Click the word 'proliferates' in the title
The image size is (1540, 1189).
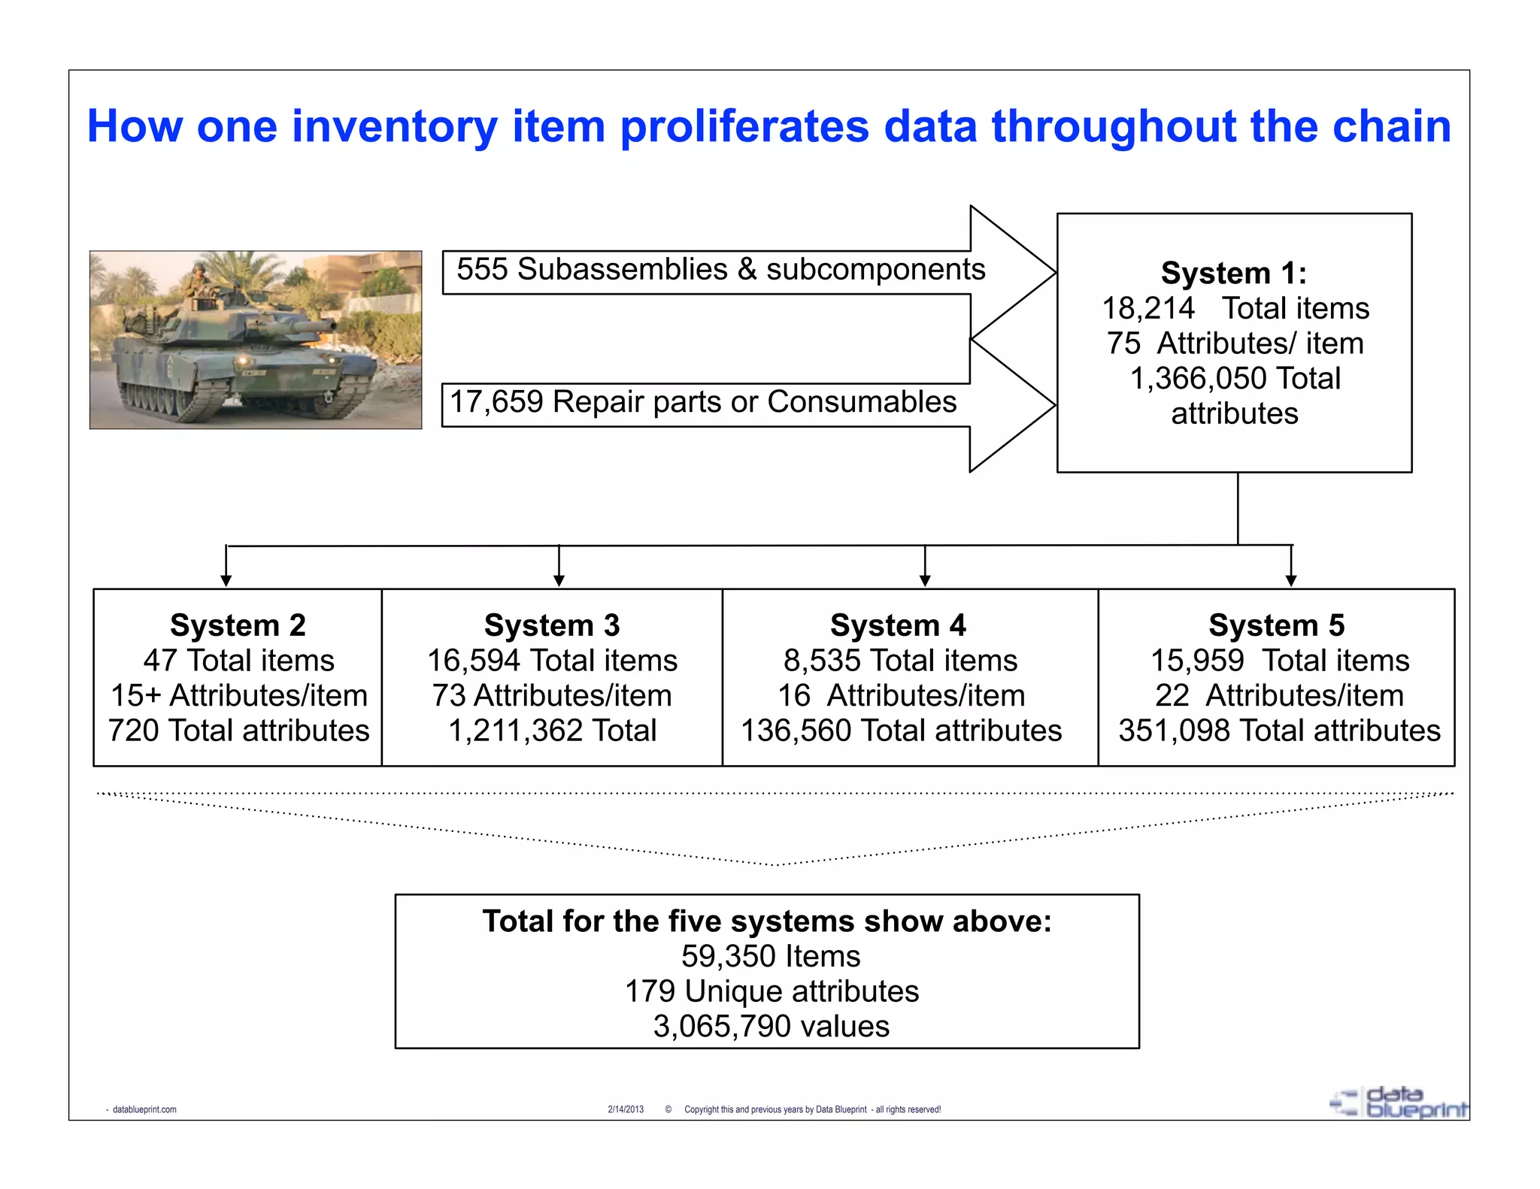coord(744,126)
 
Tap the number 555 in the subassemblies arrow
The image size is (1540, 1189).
coord(482,270)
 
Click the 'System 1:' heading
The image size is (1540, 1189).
coord(1233,273)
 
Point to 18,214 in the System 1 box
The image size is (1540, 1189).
coord(1147,308)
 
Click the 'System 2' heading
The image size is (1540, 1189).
coord(238,625)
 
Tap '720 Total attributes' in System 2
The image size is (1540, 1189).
coord(238,731)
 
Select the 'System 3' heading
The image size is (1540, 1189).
coord(552,625)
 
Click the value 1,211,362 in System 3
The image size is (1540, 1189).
coord(515,731)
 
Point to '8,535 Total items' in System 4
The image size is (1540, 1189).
coord(900,661)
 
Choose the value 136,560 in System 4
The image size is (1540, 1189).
coord(796,731)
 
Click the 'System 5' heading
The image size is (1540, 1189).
coord(1276,625)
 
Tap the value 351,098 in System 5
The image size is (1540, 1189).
coord(1174,731)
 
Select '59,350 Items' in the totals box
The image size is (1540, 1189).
coord(771,956)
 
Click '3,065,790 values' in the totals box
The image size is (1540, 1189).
coord(771,1027)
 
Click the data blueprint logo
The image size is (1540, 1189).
coord(1399,1103)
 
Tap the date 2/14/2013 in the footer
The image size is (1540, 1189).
coord(626,1109)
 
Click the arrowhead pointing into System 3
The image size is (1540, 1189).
coord(559,580)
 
